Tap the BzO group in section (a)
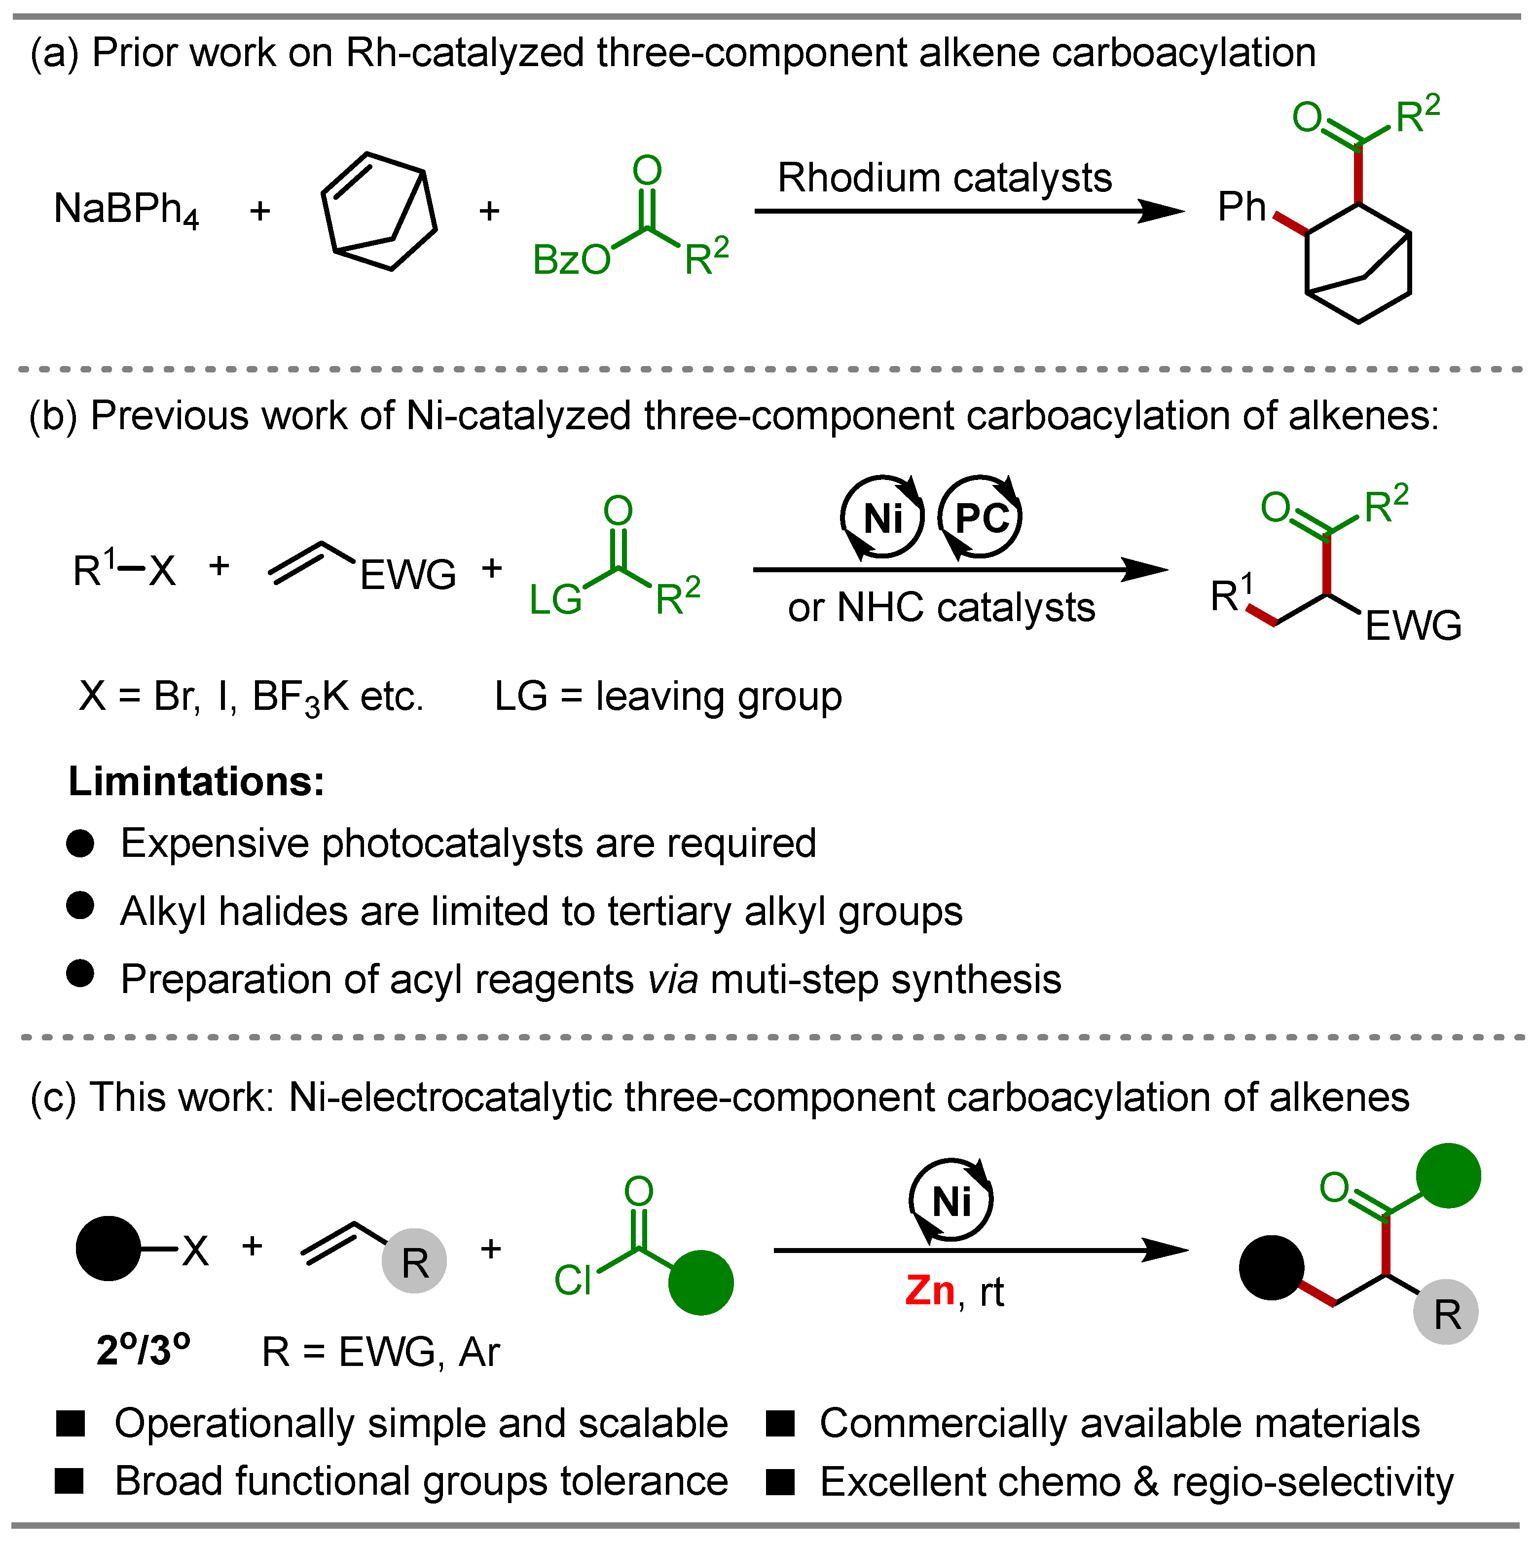(571, 260)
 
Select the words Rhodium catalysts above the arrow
(945, 178)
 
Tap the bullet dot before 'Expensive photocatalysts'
(80, 844)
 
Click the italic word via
(673, 980)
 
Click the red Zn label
(930, 1291)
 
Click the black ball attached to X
(108, 1249)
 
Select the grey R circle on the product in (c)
(1445, 1314)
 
